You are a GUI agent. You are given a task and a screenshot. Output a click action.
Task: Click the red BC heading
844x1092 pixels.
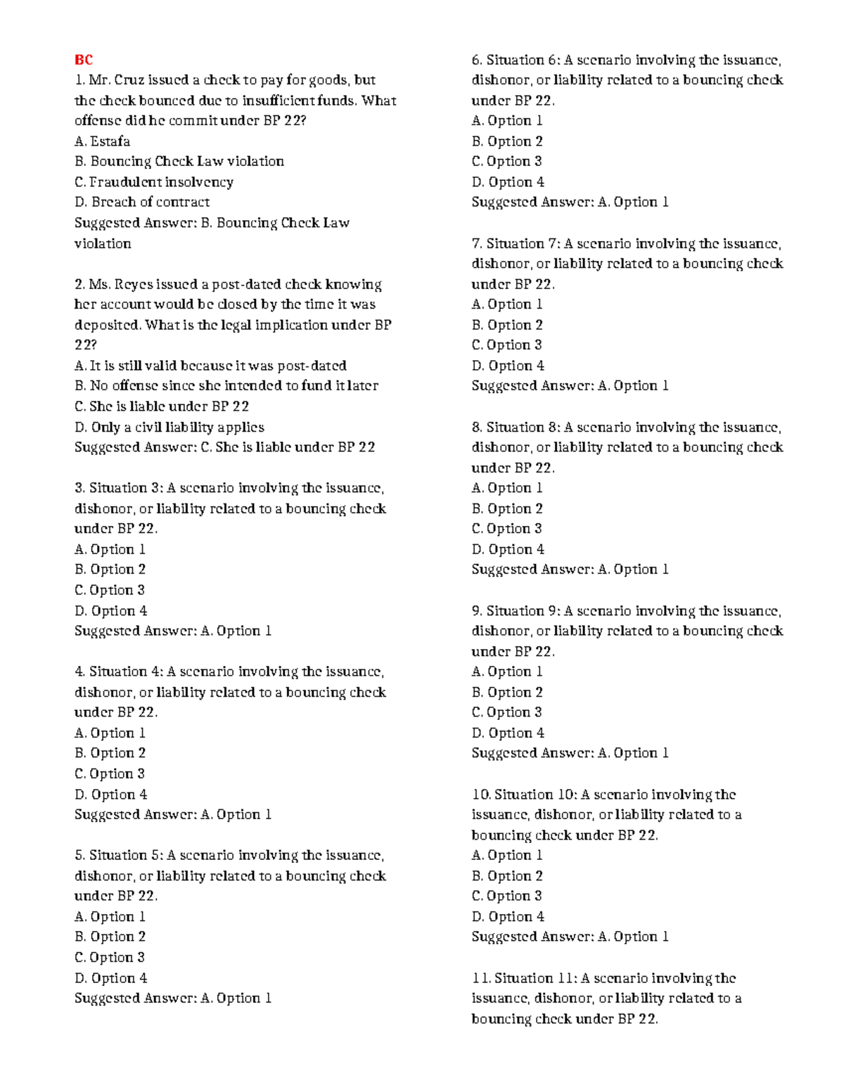pos(83,60)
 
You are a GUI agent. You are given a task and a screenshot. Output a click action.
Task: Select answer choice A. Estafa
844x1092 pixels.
pos(102,141)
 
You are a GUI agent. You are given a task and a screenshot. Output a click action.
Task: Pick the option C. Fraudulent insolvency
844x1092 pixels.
pos(153,182)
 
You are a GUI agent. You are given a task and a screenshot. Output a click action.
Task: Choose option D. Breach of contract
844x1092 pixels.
pos(141,203)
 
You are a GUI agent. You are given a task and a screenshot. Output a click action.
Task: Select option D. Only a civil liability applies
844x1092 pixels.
pos(169,428)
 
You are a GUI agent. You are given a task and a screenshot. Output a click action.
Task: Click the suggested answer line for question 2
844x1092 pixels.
pos(224,447)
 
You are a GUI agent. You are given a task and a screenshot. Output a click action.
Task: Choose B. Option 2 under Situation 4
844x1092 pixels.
pos(110,753)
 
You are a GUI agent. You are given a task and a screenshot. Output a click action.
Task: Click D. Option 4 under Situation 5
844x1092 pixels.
pos(110,978)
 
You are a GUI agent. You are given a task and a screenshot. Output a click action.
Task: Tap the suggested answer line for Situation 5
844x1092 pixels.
pos(172,998)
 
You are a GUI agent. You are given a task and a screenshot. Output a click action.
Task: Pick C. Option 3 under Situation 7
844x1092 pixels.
pos(506,345)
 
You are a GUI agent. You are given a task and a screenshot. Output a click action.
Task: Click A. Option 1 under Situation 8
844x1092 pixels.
pos(506,488)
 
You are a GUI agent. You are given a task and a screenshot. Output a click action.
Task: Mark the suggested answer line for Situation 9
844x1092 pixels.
pos(570,753)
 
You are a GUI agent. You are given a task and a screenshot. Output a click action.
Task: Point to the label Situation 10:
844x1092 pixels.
pos(535,795)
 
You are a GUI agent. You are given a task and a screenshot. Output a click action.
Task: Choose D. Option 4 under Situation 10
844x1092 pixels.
pos(507,917)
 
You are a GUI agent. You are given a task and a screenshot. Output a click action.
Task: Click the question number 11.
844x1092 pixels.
pos(480,978)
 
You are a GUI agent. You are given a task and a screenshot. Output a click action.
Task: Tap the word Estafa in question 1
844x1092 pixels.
pos(110,141)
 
